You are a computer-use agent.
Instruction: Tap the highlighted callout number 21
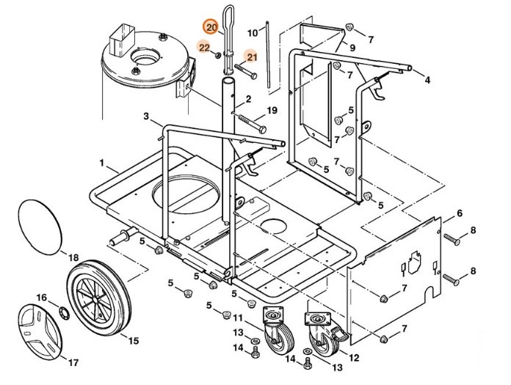pos(251,56)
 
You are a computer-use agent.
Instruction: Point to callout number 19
pos(272,111)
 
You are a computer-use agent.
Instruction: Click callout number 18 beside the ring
pos(73,258)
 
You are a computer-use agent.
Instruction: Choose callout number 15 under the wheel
pos(133,340)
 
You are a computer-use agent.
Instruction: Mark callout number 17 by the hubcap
pos(73,362)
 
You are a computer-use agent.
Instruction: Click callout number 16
pos(42,298)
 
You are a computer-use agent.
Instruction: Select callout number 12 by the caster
pos(355,358)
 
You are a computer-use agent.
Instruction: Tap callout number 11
pos(237,318)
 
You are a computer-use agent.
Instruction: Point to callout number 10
pos(253,33)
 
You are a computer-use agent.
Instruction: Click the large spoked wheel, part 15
pos(99,301)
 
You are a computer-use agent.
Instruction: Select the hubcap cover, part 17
pos(40,331)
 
